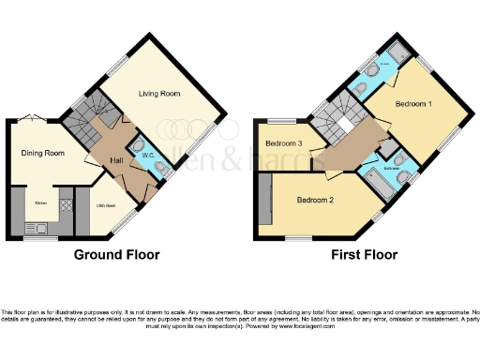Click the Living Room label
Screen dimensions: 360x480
[160, 94]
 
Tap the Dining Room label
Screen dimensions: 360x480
[43, 153]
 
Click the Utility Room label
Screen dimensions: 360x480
[105, 204]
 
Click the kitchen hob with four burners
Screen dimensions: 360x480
[67, 204]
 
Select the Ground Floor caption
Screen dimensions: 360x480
[117, 255]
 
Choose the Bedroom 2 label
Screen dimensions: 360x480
[318, 200]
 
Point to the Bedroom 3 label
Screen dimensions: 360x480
[283, 143]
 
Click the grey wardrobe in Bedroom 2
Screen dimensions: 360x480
[263, 198]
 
